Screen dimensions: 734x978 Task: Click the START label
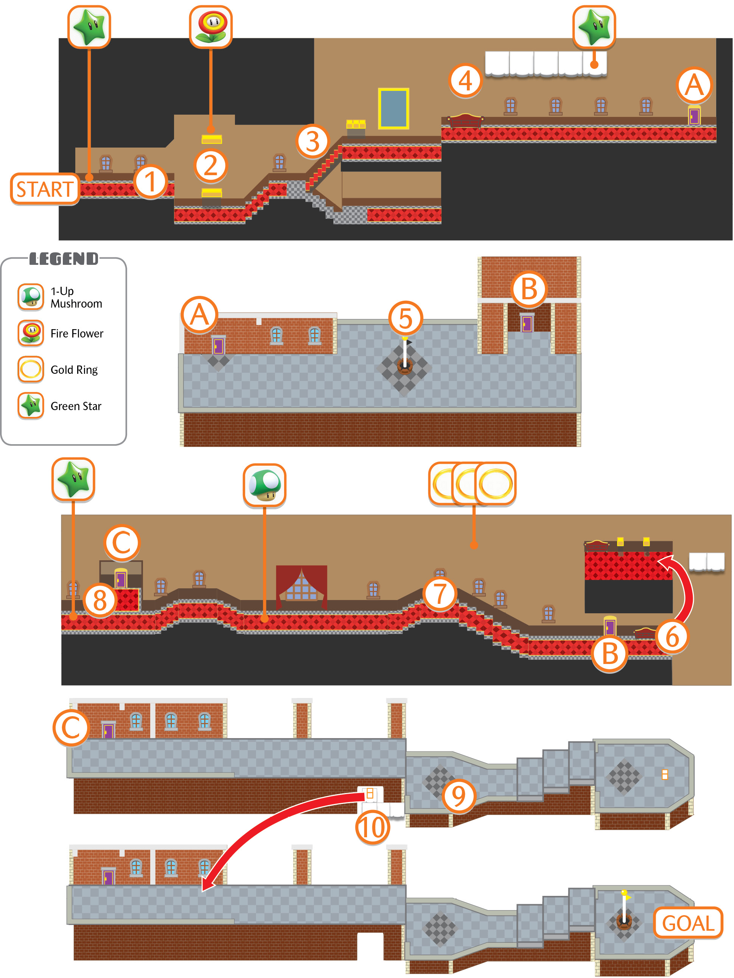click(45, 189)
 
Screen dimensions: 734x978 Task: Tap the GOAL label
click(688, 923)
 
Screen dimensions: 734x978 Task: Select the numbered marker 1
click(150, 182)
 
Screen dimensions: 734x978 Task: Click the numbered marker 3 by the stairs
click(313, 141)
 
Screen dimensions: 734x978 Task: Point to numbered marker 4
click(465, 81)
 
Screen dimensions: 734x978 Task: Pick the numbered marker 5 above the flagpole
click(406, 318)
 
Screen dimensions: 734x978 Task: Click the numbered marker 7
click(440, 593)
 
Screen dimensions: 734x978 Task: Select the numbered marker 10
click(373, 827)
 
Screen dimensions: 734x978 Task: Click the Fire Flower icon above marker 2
click(211, 26)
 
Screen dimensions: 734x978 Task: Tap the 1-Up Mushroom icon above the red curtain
click(264, 485)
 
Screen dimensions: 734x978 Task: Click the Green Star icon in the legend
click(31, 406)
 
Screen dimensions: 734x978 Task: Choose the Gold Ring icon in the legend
click(31, 369)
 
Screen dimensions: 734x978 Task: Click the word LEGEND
click(64, 259)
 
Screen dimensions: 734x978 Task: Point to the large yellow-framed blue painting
click(393, 108)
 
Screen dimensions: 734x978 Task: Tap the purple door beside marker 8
click(121, 578)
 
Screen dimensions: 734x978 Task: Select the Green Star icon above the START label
click(89, 26)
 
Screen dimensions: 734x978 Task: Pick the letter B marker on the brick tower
click(529, 289)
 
